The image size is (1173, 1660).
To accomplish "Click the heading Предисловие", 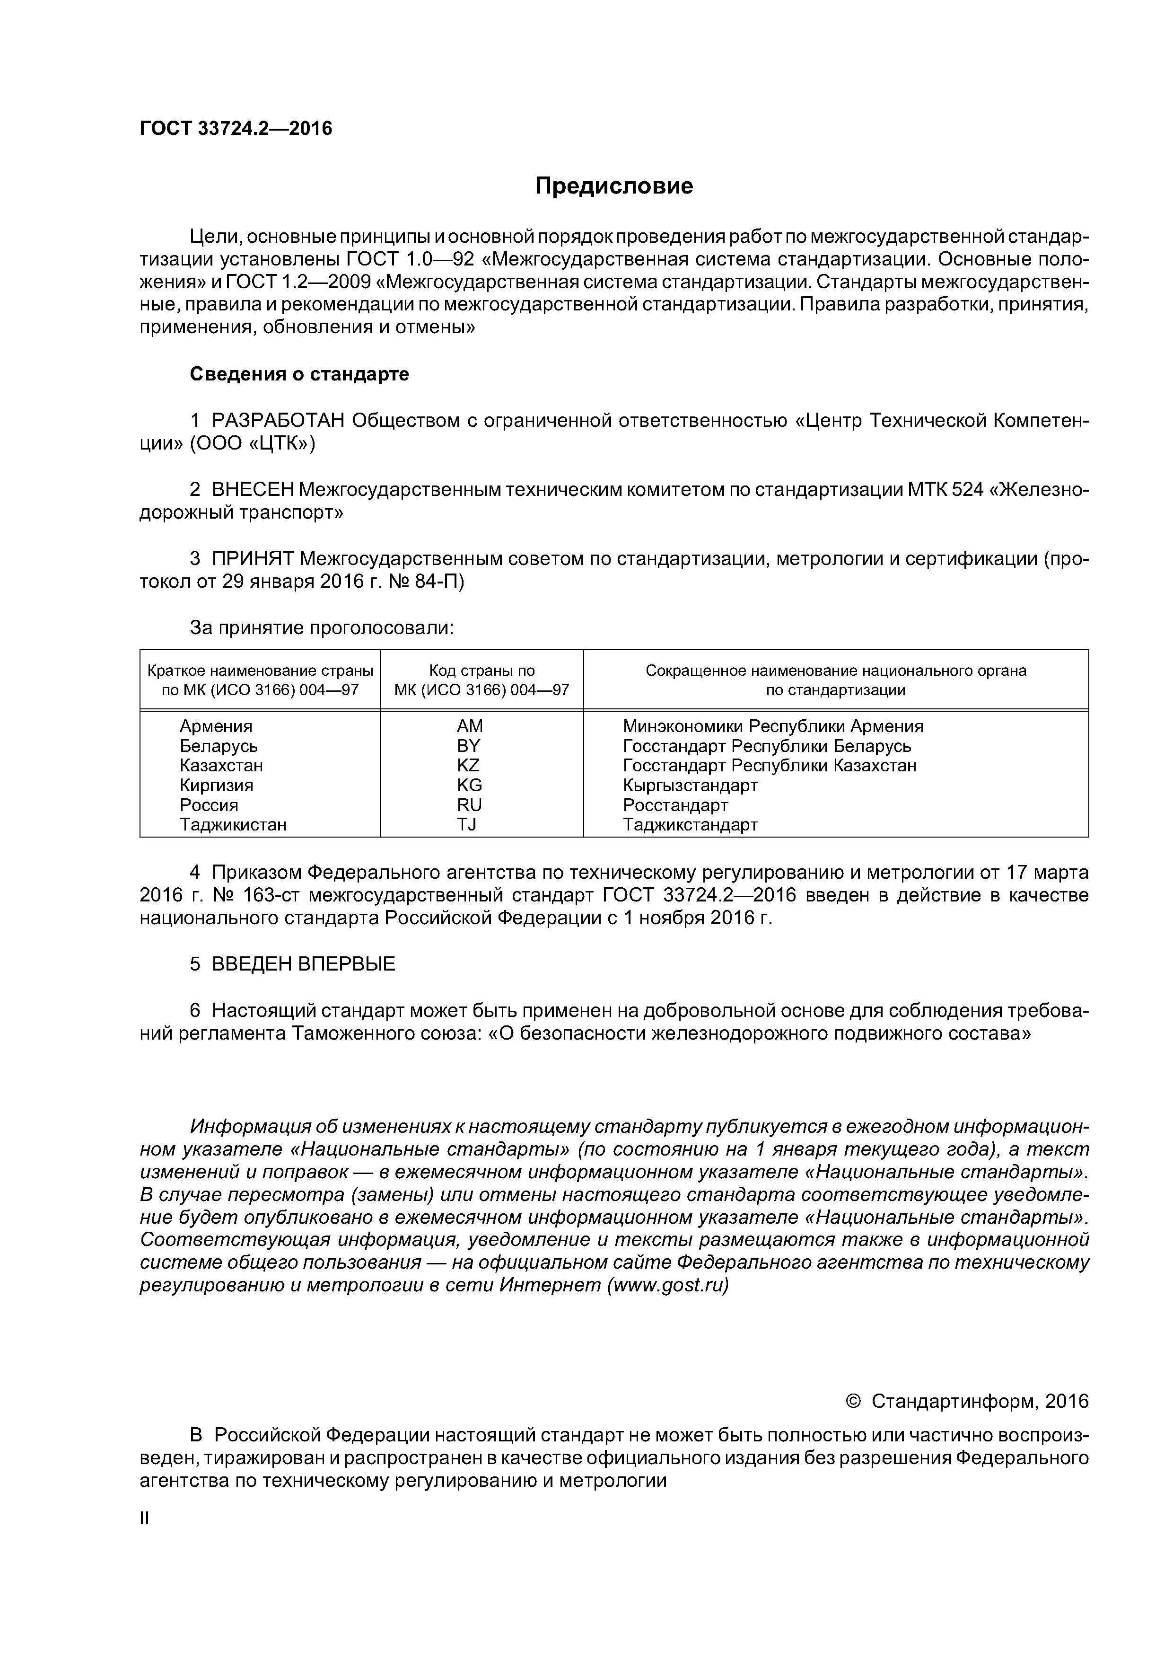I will coord(613,186).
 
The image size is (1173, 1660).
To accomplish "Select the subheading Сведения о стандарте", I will coord(299,374).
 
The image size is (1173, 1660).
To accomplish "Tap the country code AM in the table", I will coord(469,726).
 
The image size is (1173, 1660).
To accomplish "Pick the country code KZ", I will coord(468,765).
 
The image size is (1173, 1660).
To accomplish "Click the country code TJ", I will coord(467,824).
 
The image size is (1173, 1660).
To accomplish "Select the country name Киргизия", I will coord(216,785).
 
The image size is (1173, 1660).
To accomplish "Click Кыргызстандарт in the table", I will coord(690,785).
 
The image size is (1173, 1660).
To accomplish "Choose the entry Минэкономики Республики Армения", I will coord(772,726).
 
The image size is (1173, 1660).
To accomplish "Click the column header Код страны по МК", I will coord(481,680).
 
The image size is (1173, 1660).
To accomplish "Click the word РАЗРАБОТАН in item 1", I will coord(278,420).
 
